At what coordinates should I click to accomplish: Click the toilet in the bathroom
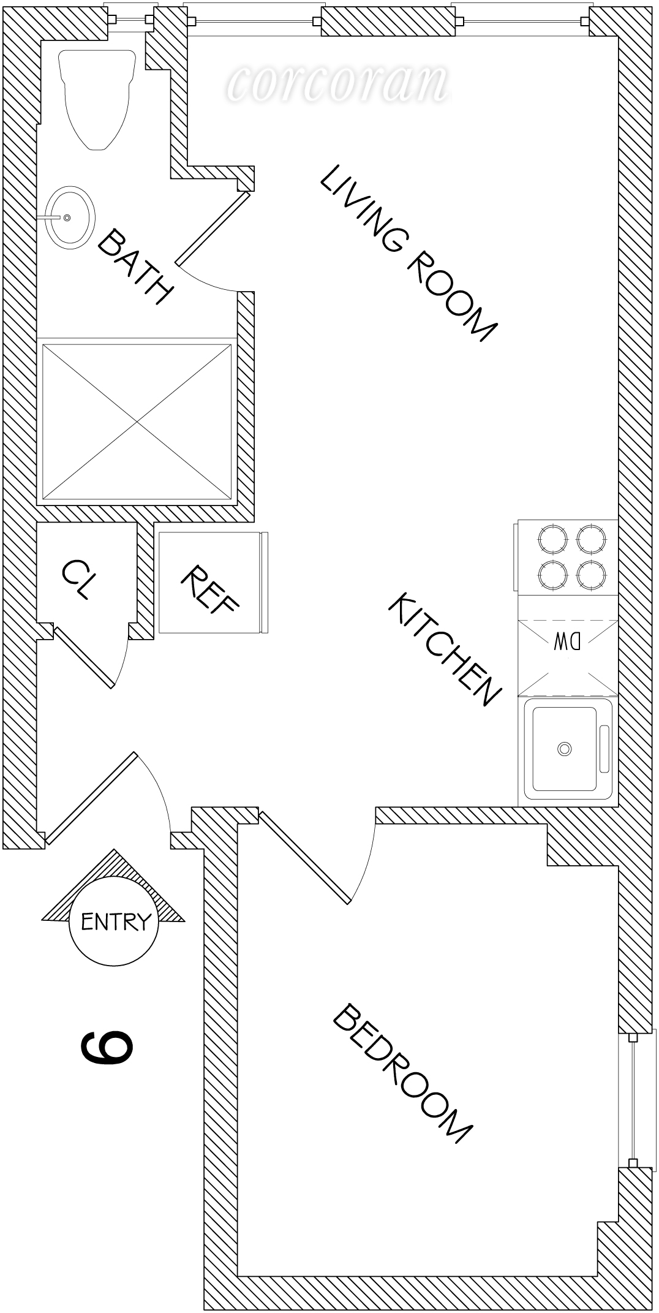96,98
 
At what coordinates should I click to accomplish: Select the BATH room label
134,267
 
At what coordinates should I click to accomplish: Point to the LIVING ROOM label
407,253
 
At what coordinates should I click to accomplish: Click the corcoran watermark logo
337,83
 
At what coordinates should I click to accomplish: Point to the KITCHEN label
445,648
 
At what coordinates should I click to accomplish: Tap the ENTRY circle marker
114,921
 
